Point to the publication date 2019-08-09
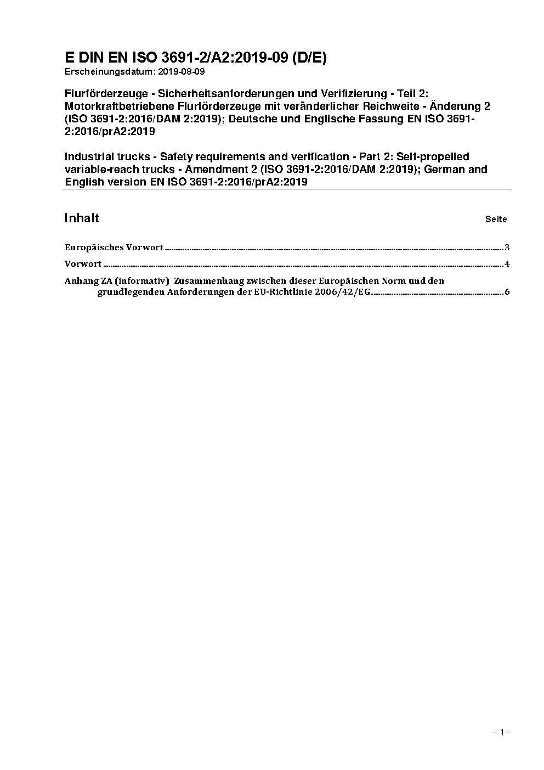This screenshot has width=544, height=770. pyautogui.click(x=180, y=72)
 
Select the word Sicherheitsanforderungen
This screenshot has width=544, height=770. pyautogui.click(x=225, y=94)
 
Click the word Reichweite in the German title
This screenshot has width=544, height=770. pyautogui.click(x=390, y=106)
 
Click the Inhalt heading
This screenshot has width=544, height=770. pyautogui.click(x=82, y=218)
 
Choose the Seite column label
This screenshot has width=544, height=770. pyautogui.click(x=496, y=220)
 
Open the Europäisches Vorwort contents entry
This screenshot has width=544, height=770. pyautogui.click(x=114, y=248)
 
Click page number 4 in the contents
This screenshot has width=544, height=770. pyautogui.click(x=507, y=264)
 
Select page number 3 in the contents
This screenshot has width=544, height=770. pyautogui.click(x=507, y=248)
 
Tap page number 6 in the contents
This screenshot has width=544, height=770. pyautogui.click(x=507, y=292)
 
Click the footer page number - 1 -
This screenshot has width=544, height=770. pyautogui.click(x=502, y=732)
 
